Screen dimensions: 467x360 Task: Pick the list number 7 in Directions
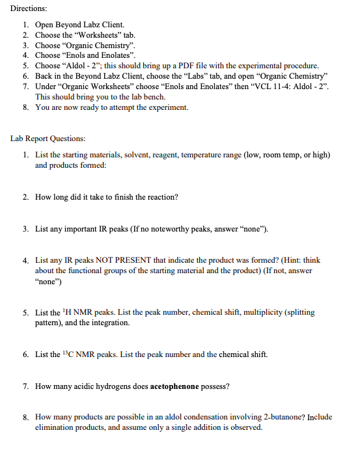[25, 87]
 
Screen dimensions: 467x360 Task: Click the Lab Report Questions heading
[48, 139]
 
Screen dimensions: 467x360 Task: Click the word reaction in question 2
[162, 197]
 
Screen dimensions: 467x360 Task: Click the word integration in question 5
[109, 323]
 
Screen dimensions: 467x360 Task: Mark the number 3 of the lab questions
[25, 229]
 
